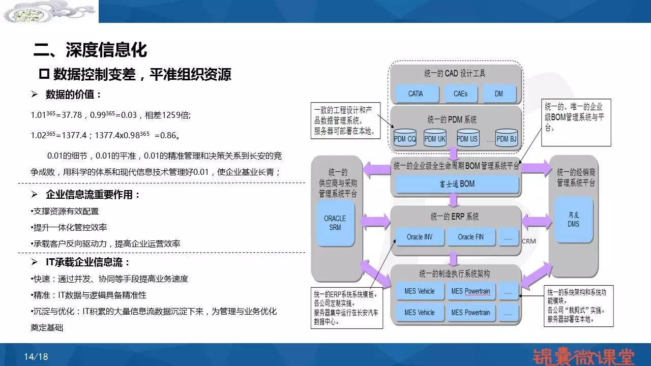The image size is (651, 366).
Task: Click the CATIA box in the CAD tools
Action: tap(416, 94)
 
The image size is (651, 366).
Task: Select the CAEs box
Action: tap(460, 94)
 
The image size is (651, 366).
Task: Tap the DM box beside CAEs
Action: tap(498, 94)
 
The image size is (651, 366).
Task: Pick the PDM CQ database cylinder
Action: tap(405, 138)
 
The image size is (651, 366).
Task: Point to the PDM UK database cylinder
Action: tap(435, 138)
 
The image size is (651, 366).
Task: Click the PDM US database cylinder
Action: tap(467, 138)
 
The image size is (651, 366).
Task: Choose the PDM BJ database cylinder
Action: tap(506, 138)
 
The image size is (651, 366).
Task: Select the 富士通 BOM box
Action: tap(456, 184)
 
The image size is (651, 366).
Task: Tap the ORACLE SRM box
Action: tap(335, 223)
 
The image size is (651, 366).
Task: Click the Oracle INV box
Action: tap(419, 237)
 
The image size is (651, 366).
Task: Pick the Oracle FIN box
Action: tap(470, 237)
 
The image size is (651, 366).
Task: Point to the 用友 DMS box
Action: tap(574, 219)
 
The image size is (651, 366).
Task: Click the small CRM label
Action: tap(529, 241)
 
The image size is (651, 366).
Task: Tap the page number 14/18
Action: tap(36, 357)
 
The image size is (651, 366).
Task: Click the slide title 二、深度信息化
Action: tap(90, 50)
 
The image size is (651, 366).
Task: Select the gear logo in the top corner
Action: tap(49, 11)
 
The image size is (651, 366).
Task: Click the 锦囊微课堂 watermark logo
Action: tap(583, 356)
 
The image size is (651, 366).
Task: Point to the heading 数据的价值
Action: tap(73, 95)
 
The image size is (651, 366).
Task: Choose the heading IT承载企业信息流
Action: tap(88, 262)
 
